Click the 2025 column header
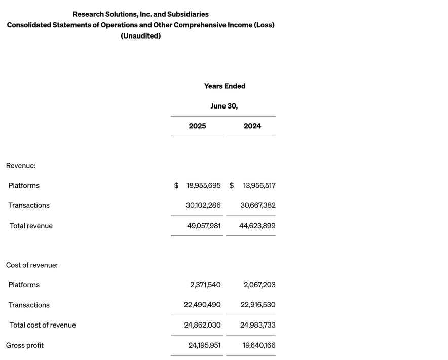(x=197, y=126)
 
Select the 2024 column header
(x=252, y=126)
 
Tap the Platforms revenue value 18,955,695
(x=203, y=186)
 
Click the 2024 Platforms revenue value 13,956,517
(x=259, y=186)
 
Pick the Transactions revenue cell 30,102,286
(x=203, y=205)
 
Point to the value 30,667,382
(x=258, y=205)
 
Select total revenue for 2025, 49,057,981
(x=204, y=226)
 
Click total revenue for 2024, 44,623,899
(x=257, y=226)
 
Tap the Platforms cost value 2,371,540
(x=205, y=285)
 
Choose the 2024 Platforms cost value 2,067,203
(x=259, y=285)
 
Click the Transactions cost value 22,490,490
(x=202, y=305)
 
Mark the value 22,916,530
(x=258, y=305)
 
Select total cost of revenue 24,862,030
(x=202, y=325)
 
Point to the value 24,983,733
(x=258, y=325)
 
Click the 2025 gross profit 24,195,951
(x=204, y=345)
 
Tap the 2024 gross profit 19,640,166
(x=259, y=345)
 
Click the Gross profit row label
(x=25, y=345)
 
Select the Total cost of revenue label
(x=43, y=325)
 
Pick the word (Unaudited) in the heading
(x=140, y=36)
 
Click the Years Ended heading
(x=225, y=86)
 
